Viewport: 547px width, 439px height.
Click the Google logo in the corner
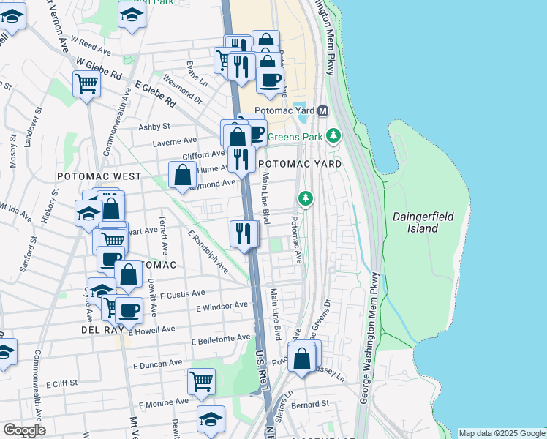click(24, 430)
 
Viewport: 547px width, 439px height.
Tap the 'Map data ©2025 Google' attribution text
click(501, 433)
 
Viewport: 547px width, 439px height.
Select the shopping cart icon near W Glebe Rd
click(86, 84)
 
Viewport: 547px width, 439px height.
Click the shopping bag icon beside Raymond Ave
click(182, 175)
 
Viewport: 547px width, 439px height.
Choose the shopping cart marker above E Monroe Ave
click(201, 380)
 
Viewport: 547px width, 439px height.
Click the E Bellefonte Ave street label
click(221, 339)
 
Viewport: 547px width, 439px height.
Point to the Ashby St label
click(154, 127)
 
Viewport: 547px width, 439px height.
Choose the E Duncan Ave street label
click(157, 363)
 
